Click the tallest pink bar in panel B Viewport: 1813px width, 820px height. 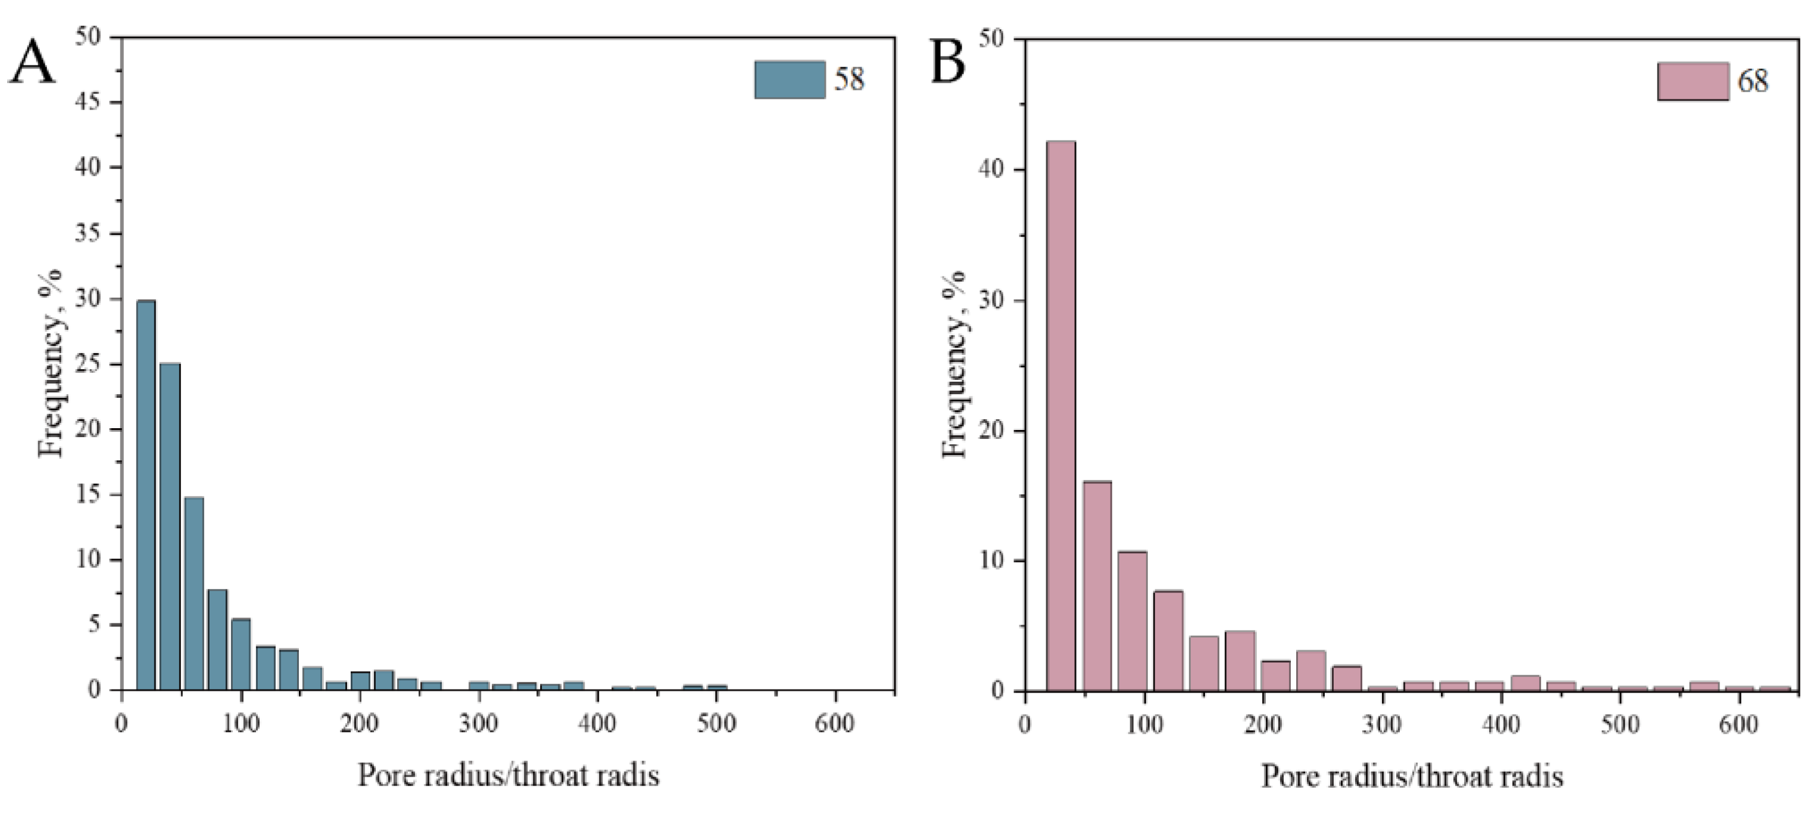1060,415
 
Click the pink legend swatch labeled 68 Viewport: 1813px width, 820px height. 1692,81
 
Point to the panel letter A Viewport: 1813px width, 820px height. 32,62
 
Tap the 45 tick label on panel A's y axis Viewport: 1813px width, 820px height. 88,102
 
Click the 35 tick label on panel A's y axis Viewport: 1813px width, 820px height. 88,233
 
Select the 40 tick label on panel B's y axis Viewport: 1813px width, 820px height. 991,170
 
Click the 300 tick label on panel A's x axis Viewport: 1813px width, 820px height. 479,723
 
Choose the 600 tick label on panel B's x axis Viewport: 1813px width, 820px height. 1739,724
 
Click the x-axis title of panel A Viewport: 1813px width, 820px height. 508,775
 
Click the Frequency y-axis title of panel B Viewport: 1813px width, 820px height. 955,364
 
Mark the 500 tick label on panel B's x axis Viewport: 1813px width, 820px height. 1619,724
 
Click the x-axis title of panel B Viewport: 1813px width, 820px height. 1411,777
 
